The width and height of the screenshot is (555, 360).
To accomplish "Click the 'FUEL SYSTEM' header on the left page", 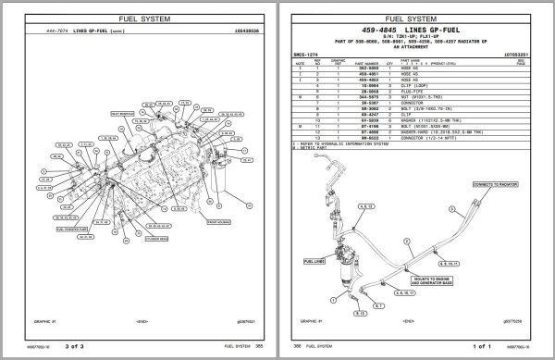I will click(138, 17).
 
